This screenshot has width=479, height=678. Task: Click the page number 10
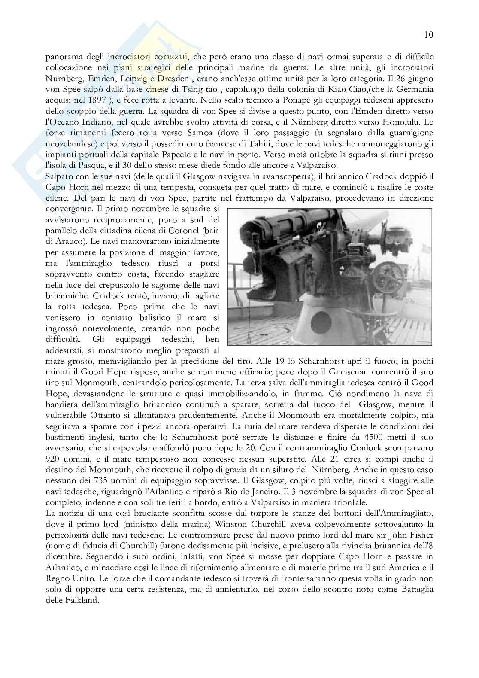[428, 35]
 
